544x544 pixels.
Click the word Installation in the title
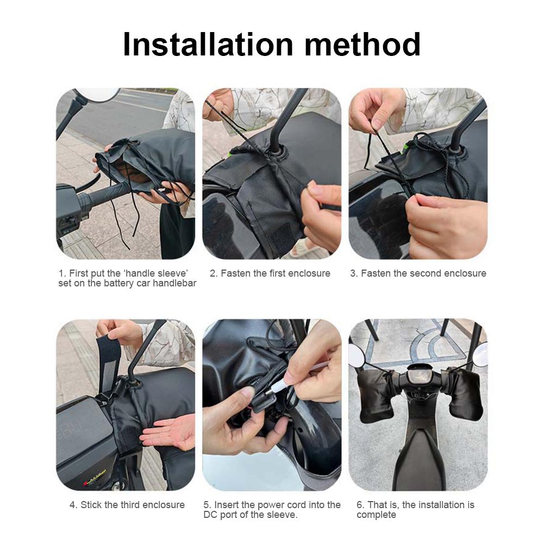tap(209, 45)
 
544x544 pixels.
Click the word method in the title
tap(362, 45)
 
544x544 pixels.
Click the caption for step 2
tap(270, 273)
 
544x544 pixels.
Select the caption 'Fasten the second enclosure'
tap(418, 273)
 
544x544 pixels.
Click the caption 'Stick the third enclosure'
tap(127, 505)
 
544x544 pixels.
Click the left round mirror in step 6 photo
tap(357, 355)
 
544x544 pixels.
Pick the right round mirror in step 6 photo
tap(480, 356)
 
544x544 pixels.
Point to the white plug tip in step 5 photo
tap(274, 386)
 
